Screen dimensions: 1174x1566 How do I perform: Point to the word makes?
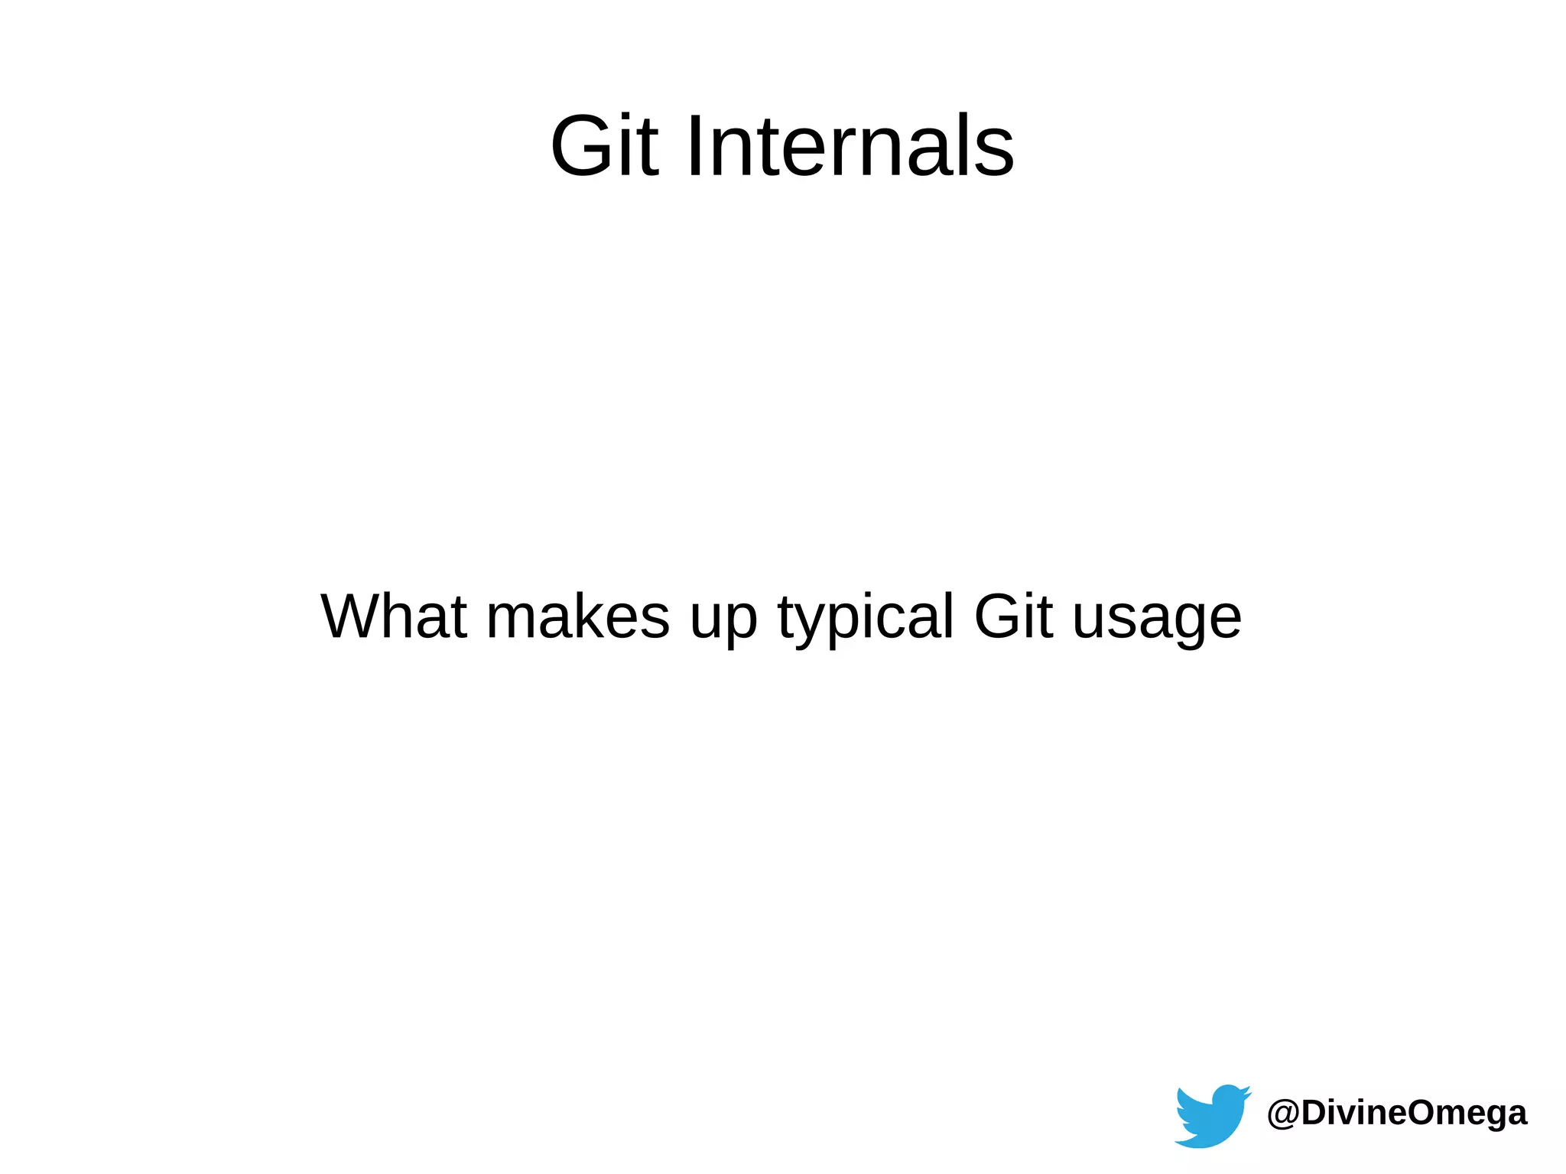pos(578,616)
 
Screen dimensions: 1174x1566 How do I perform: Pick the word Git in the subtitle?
pos(1013,616)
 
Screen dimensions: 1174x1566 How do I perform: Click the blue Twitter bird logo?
pos(1212,1115)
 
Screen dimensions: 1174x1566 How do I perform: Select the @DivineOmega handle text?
pos(1397,1113)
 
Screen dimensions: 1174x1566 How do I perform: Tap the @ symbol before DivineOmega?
pos(1283,1114)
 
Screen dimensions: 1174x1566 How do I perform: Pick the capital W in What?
pos(354,616)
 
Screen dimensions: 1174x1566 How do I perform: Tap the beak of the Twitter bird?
pos(1246,1092)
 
